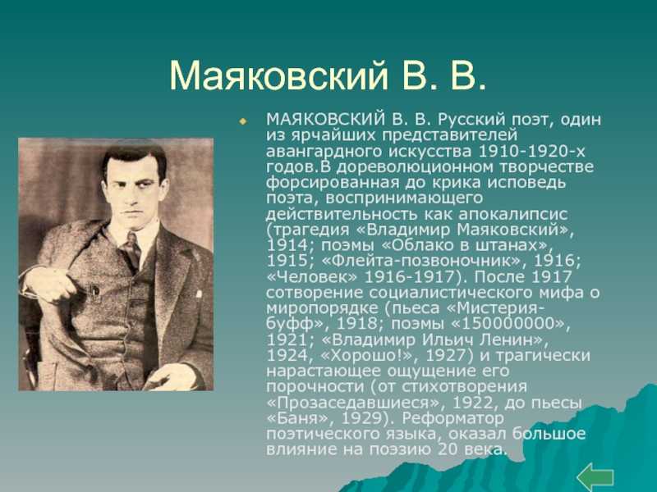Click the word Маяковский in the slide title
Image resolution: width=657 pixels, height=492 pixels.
click(278, 75)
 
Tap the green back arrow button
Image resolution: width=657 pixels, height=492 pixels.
click(595, 478)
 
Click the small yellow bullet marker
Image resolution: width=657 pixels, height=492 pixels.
click(242, 121)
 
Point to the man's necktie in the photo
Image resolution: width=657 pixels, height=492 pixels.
click(133, 250)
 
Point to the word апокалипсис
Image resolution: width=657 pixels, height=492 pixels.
click(512, 214)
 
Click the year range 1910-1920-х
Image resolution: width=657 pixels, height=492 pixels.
click(531, 151)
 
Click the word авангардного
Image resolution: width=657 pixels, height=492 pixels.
click(324, 152)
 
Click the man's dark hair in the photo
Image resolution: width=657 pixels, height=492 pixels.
click(133, 157)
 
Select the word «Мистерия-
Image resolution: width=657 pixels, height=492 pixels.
click(498, 308)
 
